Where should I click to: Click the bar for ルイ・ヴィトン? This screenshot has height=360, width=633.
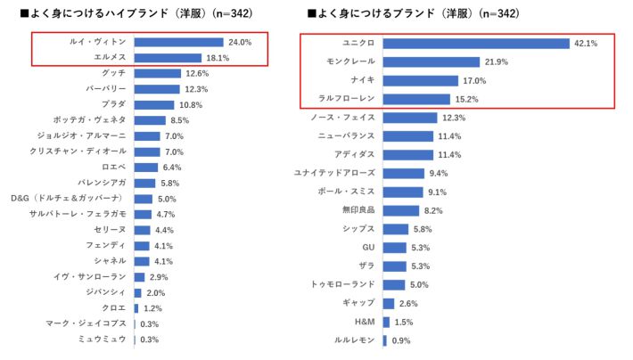(x=178, y=42)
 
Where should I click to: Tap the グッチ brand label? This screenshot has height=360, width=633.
(x=114, y=73)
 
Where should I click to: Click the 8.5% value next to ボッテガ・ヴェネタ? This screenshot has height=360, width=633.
(x=179, y=120)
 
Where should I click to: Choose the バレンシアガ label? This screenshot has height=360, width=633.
(x=102, y=183)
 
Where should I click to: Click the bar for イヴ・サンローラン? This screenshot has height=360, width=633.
(x=139, y=277)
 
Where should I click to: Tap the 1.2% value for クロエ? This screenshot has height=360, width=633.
(x=153, y=308)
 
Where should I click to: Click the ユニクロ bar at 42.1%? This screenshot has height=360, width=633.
(x=476, y=43)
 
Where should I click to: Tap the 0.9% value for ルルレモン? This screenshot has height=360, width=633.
(x=402, y=340)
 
